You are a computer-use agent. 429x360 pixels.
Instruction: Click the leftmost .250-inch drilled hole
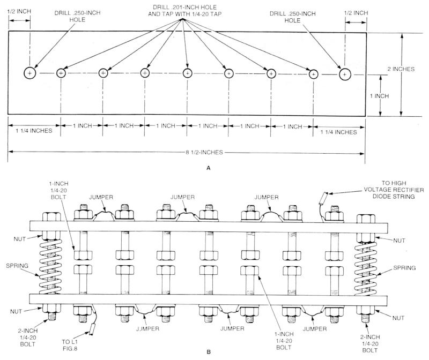click(x=30, y=73)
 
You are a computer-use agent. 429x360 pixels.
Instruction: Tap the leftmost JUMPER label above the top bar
click(x=100, y=197)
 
